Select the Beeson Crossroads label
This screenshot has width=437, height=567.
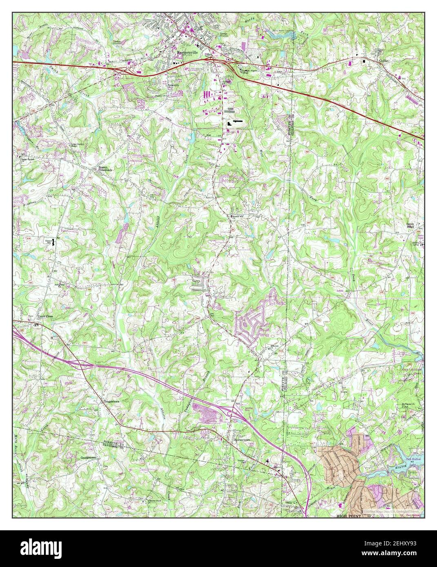105,168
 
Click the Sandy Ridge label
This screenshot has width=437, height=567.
415,226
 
